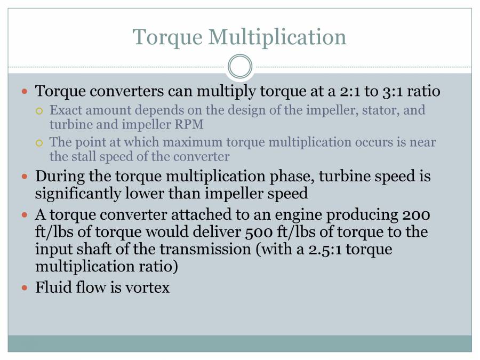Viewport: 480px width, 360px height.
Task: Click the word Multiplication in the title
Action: [x=277, y=37]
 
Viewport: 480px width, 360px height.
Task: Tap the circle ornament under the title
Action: [x=240, y=67]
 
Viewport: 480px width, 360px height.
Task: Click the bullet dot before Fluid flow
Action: [x=23, y=288]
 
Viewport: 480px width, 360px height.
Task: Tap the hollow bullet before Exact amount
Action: [x=38, y=111]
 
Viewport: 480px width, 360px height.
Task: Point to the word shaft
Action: [x=89, y=249]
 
